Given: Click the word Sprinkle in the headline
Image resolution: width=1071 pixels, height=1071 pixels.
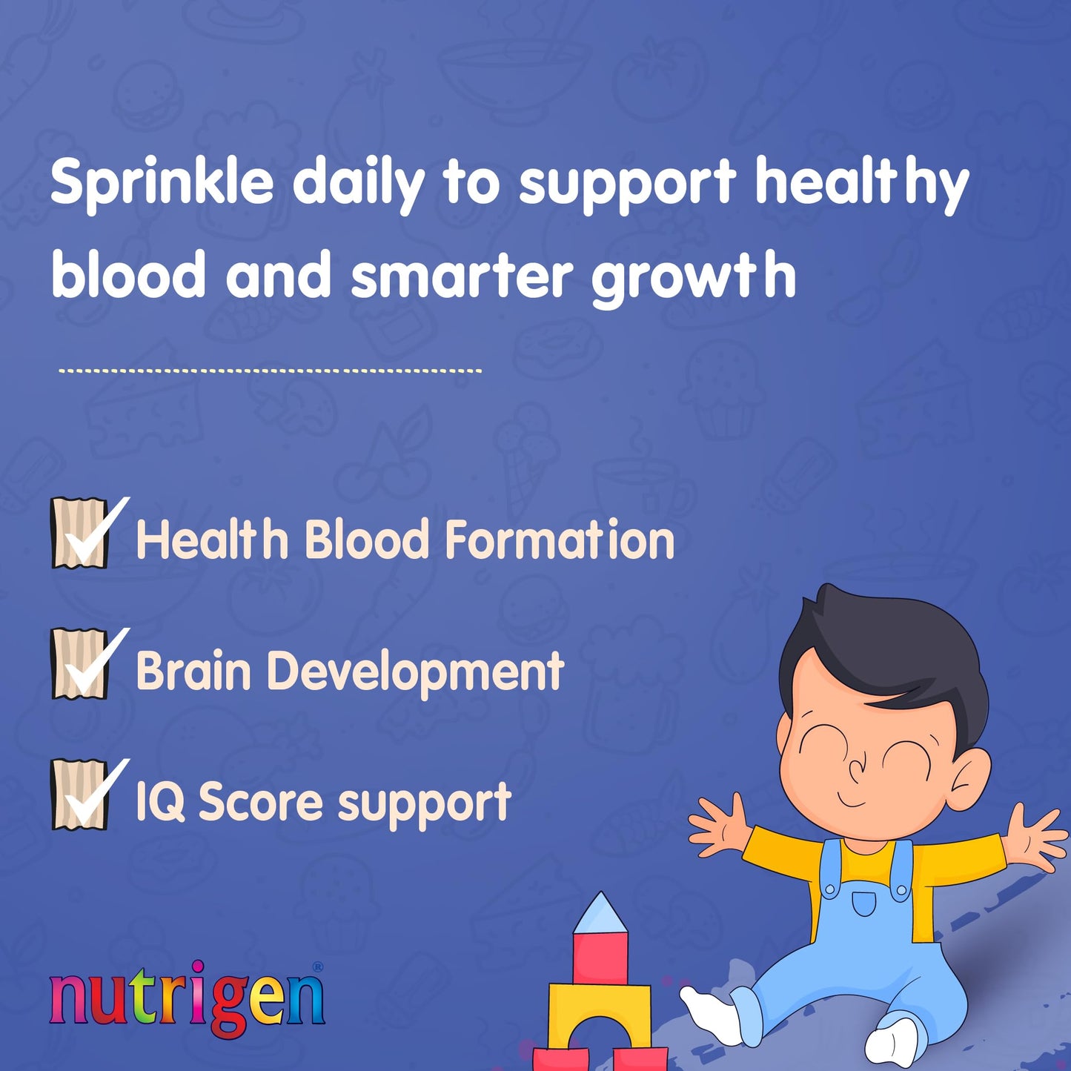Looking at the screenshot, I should coord(162,184).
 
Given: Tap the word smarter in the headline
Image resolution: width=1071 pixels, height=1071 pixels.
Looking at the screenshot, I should coord(461,276).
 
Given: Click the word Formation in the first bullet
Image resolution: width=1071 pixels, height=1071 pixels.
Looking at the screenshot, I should coord(560,540).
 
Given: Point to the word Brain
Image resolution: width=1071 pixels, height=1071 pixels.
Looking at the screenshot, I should coord(193,671).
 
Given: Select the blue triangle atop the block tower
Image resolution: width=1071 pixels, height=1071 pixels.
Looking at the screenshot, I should coord(600,914).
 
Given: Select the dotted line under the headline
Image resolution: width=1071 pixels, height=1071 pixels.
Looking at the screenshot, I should coord(270,370).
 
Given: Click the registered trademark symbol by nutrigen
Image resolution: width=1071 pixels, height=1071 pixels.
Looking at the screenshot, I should coord(317,966).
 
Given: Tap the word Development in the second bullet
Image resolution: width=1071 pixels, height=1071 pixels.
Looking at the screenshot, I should coord(415,671).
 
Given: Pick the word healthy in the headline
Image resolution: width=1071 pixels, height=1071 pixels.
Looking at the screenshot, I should coord(861,184).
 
